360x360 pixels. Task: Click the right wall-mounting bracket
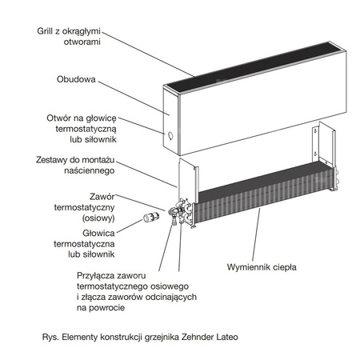(x=324, y=148)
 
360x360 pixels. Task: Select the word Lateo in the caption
(x=226, y=337)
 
